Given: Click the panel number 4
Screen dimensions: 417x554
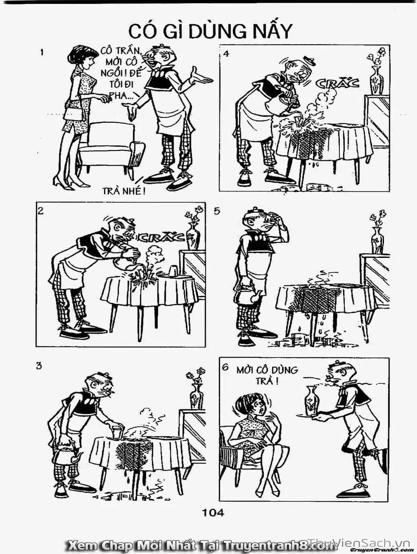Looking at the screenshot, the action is [x=226, y=54].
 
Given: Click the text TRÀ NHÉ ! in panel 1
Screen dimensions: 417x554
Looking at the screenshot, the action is [x=124, y=191].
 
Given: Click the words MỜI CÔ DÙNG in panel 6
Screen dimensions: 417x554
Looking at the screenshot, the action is [x=267, y=370].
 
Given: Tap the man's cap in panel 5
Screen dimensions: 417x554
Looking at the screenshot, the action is [x=254, y=211].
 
